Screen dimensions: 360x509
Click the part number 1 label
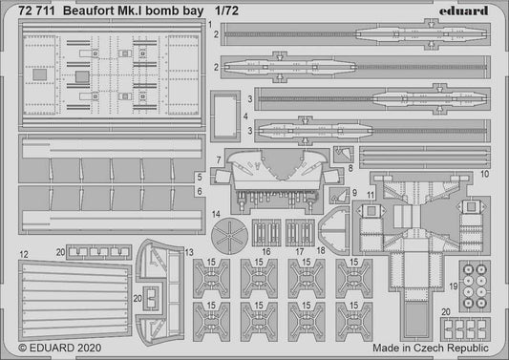click(x=217, y=34)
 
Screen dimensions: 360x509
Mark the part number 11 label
click(x=371, y=194)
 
